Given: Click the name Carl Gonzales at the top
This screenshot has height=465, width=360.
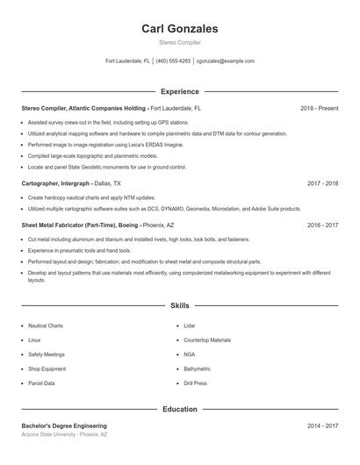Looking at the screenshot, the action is (x=179, y=29).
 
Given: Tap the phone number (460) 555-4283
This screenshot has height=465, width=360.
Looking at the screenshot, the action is (x=174, y=61).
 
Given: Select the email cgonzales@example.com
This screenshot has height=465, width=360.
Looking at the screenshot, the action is (x=226, y=61).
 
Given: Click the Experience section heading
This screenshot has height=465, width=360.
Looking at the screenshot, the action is (x=179, y=91).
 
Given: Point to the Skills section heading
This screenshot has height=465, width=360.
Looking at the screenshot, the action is (x=179, y=305).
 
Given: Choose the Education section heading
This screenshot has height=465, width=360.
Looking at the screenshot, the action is (x=179, y=409).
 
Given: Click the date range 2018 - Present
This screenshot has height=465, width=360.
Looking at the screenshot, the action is (x=319, y=108).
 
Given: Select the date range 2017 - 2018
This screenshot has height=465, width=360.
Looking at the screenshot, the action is (x=322, y=183).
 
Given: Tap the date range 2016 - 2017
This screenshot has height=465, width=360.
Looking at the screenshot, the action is (x=322, y=225).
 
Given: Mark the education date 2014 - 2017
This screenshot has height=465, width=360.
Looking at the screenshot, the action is (x=322, y=426).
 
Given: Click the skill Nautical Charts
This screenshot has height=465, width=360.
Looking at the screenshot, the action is (x=46, y=325).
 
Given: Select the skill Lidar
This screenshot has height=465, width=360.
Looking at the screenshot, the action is (x=190, y=325).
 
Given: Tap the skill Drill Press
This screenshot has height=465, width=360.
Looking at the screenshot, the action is (x=195, y=383).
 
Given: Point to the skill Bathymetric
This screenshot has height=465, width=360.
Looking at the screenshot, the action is (x=197, y=369).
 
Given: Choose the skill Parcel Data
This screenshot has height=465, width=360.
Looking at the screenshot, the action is (x=41, y=383).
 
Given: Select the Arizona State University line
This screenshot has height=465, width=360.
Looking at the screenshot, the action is (x=64, y=434).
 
